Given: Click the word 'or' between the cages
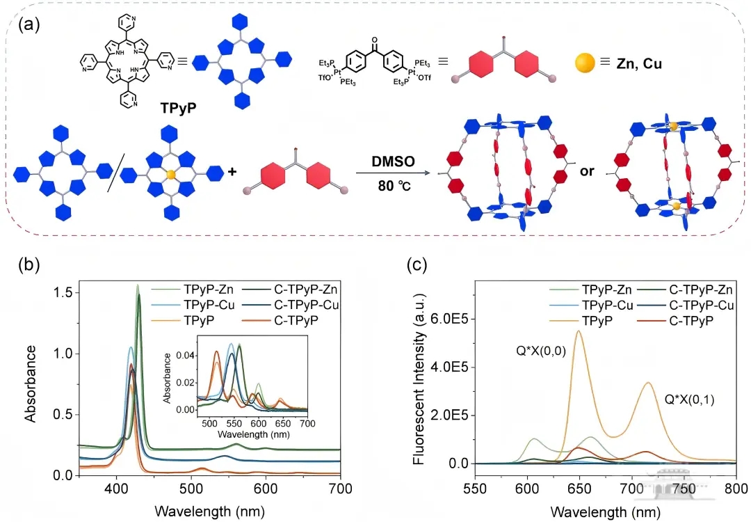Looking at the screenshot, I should (587, 171).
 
